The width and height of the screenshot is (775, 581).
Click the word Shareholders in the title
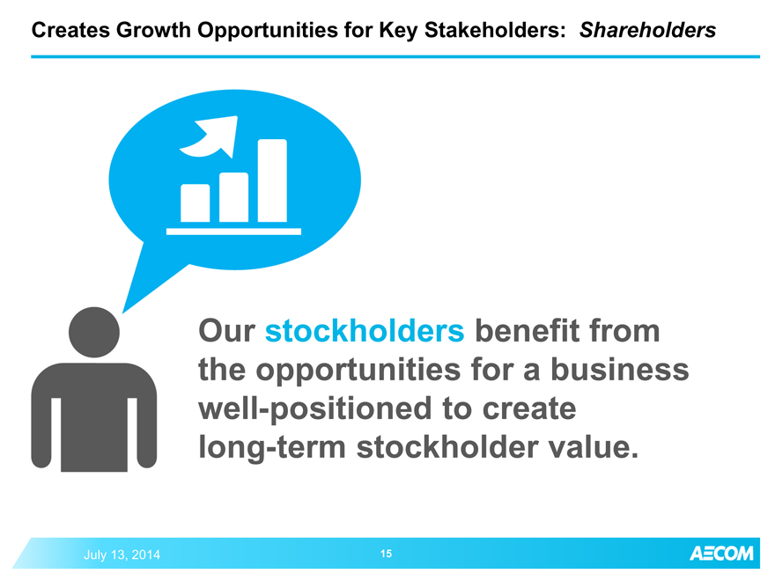point(647,30)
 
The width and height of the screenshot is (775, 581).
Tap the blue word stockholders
point(365,330)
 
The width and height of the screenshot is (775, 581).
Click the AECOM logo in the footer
point(721,554)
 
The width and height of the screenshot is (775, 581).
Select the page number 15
point(386,554)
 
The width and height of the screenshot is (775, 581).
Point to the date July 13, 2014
point(122,555)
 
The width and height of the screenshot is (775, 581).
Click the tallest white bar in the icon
point(272,180)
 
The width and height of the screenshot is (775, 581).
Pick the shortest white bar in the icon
point(196,203)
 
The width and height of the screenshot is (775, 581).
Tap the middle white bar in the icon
point(233,197)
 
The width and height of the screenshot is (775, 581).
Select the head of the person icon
point(94,332)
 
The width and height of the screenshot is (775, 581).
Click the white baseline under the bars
point(233,232)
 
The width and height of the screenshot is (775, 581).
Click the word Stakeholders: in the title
point(495,30)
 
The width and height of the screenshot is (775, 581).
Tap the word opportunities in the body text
point(358,371)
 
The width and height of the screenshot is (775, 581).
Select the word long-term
point(272,447)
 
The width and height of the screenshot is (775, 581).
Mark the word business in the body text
point(620,370)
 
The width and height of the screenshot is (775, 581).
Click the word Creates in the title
point(70,30)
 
